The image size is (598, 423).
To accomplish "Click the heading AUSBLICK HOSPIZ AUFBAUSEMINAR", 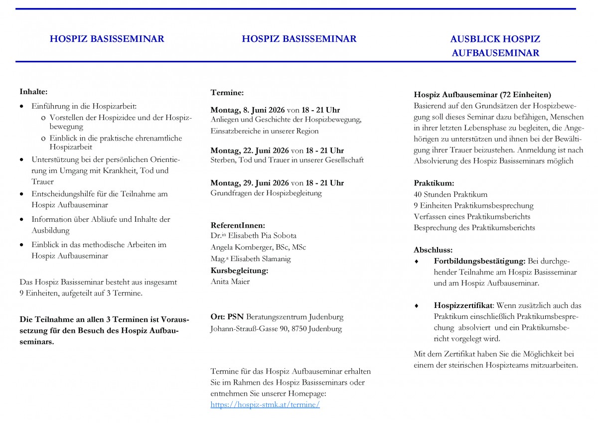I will pyautogui.click(x=495, y=46).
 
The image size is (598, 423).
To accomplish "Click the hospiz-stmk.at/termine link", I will pyautogui.click(x=265, y=405).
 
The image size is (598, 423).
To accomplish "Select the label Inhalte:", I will pyautogui.click(x=33, y=92).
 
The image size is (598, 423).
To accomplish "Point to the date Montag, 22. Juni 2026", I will pyautogui.click(x=250, y=150).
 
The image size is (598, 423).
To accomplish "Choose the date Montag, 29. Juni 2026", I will pyautogui.click(x=250, y=183).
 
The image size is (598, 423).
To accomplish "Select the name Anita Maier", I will pyautogui.click(x=230, y=282).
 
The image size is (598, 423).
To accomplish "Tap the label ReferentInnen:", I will pyautogui.click(x=238, y=225).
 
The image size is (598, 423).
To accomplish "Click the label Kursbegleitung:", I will pyautogui.click(x=239, y=271).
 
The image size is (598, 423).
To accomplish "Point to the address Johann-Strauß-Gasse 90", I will pyautogui.click(x=254, y=329).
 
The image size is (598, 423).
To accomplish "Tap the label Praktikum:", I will pyautogui.click(x=434, y=183).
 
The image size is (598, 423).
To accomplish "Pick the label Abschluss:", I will pyautogui.click(x=433, y=250).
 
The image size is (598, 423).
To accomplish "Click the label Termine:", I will pyautogui.click(x=227, y=93).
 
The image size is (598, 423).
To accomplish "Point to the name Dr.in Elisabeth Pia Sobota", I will pyautogui.click(x=253, y=236).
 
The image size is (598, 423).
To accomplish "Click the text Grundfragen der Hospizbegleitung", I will pyautogui.click(x=266, y=193).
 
